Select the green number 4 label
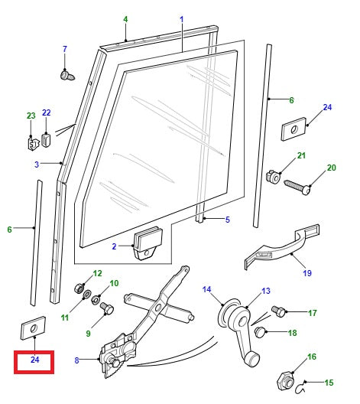click(x=125, y=18)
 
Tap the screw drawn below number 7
click(x=66, y=74)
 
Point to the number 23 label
click(x=31, y=116)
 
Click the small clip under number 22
click(x=47, y=139)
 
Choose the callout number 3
click(x=36, y=164)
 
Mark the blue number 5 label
click(x=228, y=220)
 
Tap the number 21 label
click(x=301, y=156)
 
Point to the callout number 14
click(x=206, y=288)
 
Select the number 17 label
click(x=312, y=313)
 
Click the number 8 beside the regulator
click(x=76, y=360)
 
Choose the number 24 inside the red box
click(x=34, y=360)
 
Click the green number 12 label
click(x=97, y=273)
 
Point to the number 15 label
click(x=330, y=383)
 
